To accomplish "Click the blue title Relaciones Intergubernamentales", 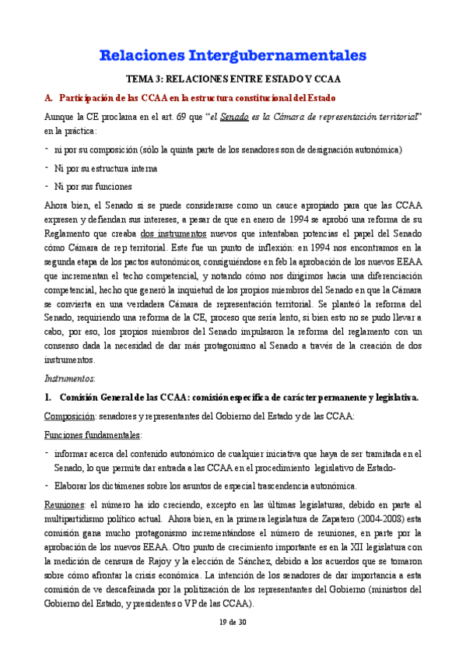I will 233,55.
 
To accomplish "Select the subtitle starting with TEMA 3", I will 233,80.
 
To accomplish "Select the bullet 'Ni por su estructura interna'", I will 97,167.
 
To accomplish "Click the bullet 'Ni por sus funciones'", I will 93,186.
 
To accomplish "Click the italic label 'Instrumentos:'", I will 68,378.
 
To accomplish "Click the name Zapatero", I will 339,519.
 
